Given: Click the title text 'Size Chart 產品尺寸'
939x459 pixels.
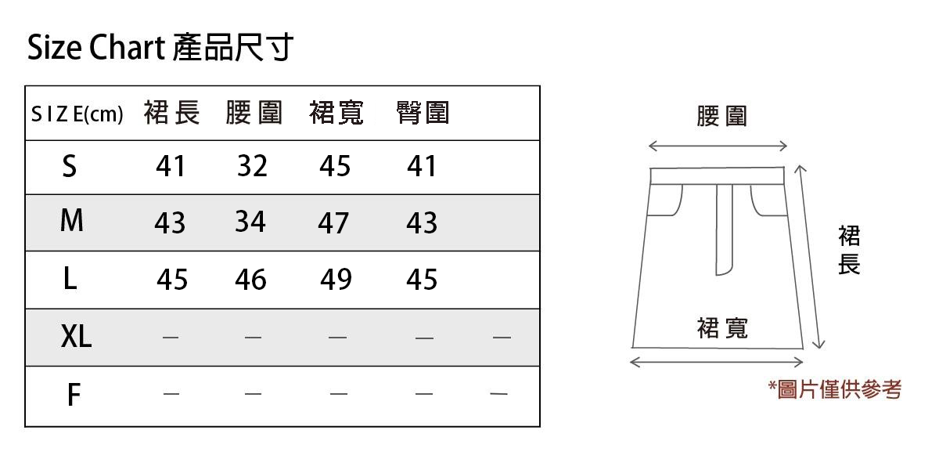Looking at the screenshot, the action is click(x=160, y=49).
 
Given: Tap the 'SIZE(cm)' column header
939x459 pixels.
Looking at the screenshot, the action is click(x=77, y=115).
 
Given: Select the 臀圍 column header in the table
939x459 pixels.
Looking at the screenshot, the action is click(x=423, y=114).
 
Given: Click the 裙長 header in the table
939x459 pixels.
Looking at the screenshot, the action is click(x=171, y=114).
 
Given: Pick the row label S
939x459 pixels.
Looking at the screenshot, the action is click(x=70, y=166).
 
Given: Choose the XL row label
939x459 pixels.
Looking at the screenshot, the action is click(x=76, y=337).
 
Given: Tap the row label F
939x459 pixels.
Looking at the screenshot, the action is click(x=73, y=396).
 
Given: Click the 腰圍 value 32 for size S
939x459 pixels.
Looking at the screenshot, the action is click(x=252, y=166).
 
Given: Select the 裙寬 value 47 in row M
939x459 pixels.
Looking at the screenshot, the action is click(x=333, y=224).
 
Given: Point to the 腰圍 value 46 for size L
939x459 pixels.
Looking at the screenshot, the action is click(x=250, y=280).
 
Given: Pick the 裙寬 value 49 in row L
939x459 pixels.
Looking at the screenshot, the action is click(x=336, y=280).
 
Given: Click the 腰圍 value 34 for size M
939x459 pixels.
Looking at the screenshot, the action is click(x=250, y=222).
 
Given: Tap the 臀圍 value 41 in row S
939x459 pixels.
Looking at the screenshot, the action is click(x=422, y=166).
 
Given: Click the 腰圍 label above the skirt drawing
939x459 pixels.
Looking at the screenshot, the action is click(x=721, y=117).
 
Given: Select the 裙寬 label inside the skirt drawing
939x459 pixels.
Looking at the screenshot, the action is click(x=721, y=327).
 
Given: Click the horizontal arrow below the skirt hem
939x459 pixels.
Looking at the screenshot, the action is click(x=717, y=362).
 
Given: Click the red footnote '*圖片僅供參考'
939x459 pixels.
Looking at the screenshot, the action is click(x=835, y=389).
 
